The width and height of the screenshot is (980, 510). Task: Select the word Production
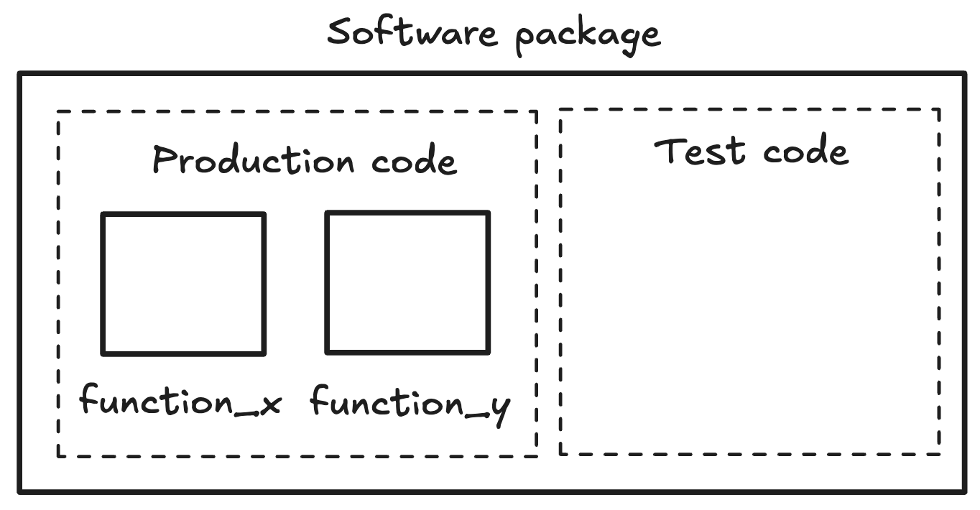pyautogui.click(x=254, y=159)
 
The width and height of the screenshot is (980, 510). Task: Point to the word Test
pyautogui.click(x=699, y=151)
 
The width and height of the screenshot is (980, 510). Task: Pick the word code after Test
pyautogui.click(x=805, y=151)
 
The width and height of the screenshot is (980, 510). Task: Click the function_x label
pyautogui.click(x=180, y=399)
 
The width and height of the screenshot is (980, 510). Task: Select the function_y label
pyautogui.click(x=410, y=402)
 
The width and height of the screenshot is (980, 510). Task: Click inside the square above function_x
pyautogui.click(x=183, y=283)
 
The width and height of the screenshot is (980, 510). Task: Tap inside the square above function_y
pyautogui.click(x=407, y=282)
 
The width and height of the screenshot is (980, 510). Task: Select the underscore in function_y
pyautogui.click(x=475, y=414)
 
